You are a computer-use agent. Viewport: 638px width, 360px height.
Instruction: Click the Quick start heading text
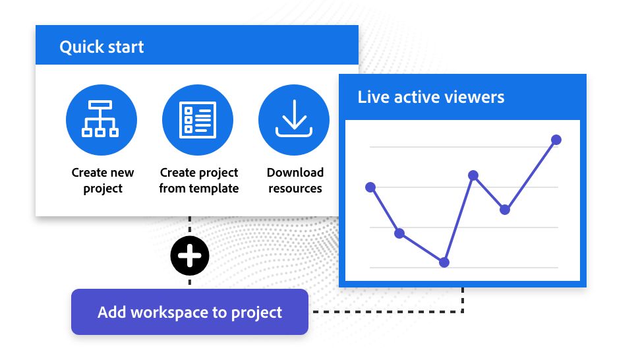[x=101, y=47]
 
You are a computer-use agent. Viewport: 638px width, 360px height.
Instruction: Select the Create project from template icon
[x=197, y=120]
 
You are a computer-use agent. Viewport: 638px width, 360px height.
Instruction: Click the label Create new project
[x=103, y=181]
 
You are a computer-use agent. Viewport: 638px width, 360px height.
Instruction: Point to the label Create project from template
[x=198, y=181]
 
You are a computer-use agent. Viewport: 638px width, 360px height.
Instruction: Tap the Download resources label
[x=295, y=181]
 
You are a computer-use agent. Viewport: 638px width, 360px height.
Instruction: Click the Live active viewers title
[x=431, y=97]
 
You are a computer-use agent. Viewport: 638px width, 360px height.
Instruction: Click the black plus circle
[x=190, y=256]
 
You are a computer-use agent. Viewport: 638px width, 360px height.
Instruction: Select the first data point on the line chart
[x=370, y=187]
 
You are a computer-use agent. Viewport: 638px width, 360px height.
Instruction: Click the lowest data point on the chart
[x=444, y=262]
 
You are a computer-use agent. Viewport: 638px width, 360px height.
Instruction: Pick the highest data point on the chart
[x=556, y=140]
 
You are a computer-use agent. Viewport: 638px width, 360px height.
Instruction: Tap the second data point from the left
[x=399, y=233]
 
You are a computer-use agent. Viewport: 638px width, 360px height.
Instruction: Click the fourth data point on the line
[x=473, y=175]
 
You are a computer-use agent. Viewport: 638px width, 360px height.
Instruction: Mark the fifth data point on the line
[x=505, y=210]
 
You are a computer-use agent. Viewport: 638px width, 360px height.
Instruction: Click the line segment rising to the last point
[x=531, y=175]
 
